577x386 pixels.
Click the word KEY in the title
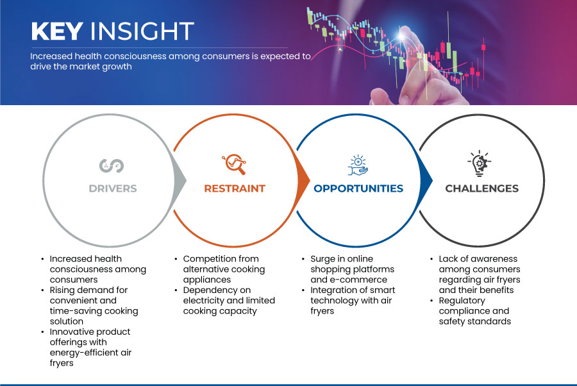pos(57,31)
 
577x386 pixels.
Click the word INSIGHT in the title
pos(142,31)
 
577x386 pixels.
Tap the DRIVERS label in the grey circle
pos(113,189)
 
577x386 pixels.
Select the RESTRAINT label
pos(235,189)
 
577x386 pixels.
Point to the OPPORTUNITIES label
pos(358,189)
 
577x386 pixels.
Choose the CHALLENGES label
pos(481,189)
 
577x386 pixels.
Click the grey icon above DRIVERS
pos(112,166)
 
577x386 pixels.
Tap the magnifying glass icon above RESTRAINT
pos(234,164)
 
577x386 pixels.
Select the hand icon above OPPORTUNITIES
pos(358,165)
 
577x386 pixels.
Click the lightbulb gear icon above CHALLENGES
pos(480,164)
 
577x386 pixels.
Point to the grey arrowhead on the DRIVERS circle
pos(180,181)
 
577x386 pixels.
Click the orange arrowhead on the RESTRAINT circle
pos(304,181)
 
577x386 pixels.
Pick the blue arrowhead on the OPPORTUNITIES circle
pos(426,181)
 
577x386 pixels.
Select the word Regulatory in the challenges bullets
pos(462,301)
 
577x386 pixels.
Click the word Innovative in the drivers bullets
pos(71,331)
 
